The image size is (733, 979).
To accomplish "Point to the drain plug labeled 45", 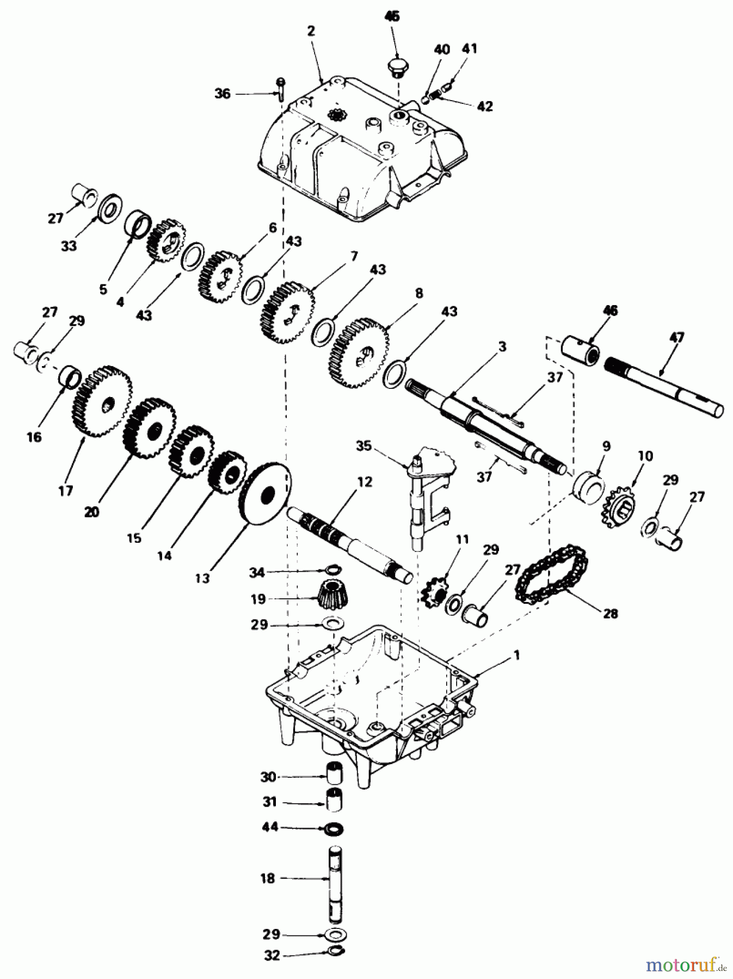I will (399, 69).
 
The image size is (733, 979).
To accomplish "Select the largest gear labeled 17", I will (102, 401).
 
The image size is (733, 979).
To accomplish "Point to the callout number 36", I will (222, 94).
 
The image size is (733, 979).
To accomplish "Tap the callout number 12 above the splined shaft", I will (364, 481).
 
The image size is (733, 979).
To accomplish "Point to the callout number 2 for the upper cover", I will (311, 31).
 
